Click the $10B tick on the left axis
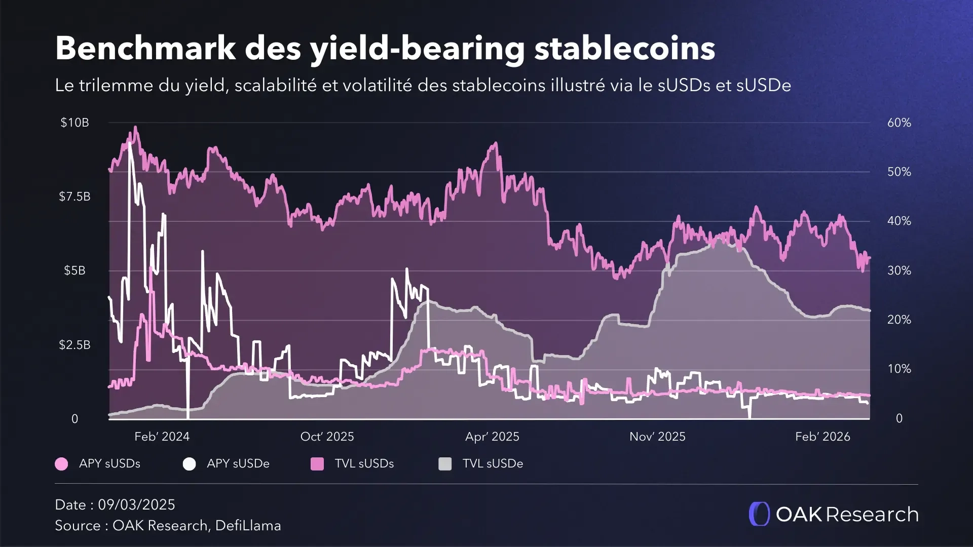74,123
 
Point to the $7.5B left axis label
74,197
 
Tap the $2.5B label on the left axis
74,345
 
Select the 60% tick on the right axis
899,123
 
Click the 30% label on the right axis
899,270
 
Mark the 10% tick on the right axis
899,369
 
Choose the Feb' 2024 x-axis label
162,437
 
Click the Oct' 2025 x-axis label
327,437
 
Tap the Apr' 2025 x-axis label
492,437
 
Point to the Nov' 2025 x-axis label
657,437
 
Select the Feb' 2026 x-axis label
822,437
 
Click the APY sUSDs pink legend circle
61,464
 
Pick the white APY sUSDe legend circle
189,464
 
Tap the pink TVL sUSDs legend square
317,464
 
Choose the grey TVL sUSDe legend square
445,464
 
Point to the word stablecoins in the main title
624,49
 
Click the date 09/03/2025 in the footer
136,504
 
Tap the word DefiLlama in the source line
248,526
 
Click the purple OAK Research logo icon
759,514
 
